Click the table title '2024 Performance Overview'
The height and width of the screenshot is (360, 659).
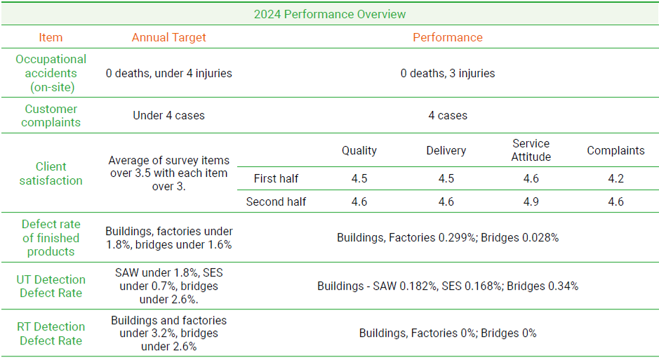click(x=329, y=14)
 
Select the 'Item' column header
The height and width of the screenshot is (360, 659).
click(x=51, y=38)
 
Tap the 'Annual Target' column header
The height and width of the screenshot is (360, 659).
click(x=169, y=38)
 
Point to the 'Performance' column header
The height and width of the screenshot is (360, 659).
click(x=448, y=38)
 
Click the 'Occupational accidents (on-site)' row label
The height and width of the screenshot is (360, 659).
click(x=51, y=73)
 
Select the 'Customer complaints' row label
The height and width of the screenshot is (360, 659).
click(x=51, y=115)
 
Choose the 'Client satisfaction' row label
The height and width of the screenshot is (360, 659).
click(x=51, y=173)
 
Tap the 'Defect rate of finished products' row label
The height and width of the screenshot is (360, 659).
click(x=51, y=238)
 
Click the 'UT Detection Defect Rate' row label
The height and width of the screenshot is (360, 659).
click(x=51, y=286)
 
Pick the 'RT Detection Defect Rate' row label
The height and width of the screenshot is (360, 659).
click(x=51, y=333)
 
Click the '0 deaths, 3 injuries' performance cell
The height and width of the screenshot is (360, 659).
click(x=448, y=73)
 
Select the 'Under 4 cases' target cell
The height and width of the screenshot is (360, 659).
click(x=169, y=115)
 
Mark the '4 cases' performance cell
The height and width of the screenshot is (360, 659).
click(x=448, y=115)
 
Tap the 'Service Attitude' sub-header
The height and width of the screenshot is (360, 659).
click(x=531, y=150)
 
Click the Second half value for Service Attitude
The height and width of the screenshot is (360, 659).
click(x=531, y=202)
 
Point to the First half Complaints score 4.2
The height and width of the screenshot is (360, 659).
click(x=615, y=179)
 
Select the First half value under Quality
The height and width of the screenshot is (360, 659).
click(x=359, y=179)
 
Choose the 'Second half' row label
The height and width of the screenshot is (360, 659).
click(x=276, y=202)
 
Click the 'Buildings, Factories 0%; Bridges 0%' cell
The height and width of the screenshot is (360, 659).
click(x=448, y=333)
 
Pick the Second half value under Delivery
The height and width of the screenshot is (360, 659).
click(x=446, y=202)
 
